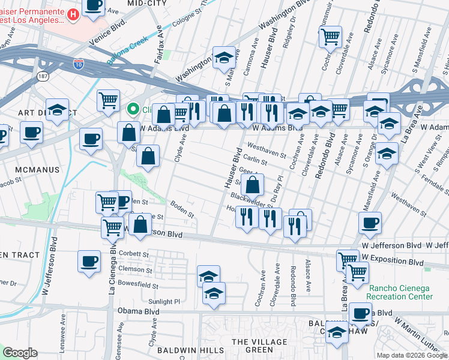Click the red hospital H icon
[73, 14]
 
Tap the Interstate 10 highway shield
[79, 62]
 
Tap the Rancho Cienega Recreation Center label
[400, 292]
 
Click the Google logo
[20, 353]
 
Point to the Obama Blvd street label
[138, 311]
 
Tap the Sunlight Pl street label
[164, 302]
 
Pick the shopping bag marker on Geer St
[254, 184]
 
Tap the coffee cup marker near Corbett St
[89, 262]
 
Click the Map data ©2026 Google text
[411, 355]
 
